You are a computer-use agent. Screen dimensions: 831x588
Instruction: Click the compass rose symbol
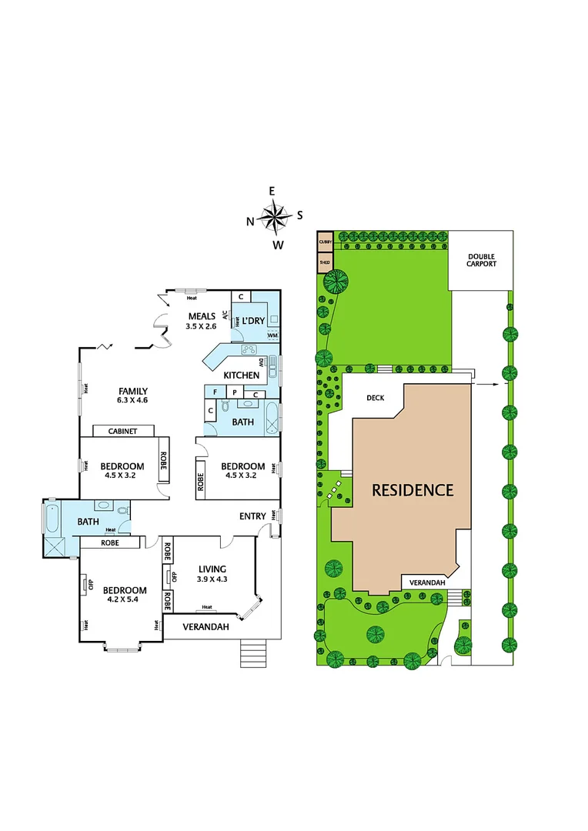(x=275, y=217)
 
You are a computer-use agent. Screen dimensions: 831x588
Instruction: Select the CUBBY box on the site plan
(x=325, y=242)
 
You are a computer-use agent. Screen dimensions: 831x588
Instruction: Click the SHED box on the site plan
(x=325, y=262)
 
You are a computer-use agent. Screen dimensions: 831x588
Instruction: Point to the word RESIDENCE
(x=413, y=489)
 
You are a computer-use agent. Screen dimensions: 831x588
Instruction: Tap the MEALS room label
(x=202, y=315)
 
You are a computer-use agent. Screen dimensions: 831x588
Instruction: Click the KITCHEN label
(x=242, y=375)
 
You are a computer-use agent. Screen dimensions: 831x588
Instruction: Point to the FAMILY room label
(x=132, y=391)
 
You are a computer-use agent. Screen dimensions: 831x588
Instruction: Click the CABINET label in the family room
(x=123, y=432)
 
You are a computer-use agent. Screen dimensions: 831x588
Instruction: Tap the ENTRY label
(x=252, y=516)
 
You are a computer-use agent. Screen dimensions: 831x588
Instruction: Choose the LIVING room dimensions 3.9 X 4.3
(x=212, y=579)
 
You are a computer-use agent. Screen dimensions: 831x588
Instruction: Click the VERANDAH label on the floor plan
(x=206, y=627)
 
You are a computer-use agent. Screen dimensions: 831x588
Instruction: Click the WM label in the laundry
(x=272, y=335)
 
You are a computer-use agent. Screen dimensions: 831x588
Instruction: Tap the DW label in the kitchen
(x=262, y=362)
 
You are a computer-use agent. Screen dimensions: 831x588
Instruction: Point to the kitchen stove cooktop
(x=249, y=350)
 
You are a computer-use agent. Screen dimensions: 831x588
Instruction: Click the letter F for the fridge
(x=216, y=392)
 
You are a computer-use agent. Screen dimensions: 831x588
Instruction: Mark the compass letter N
(x=250, y=222)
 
